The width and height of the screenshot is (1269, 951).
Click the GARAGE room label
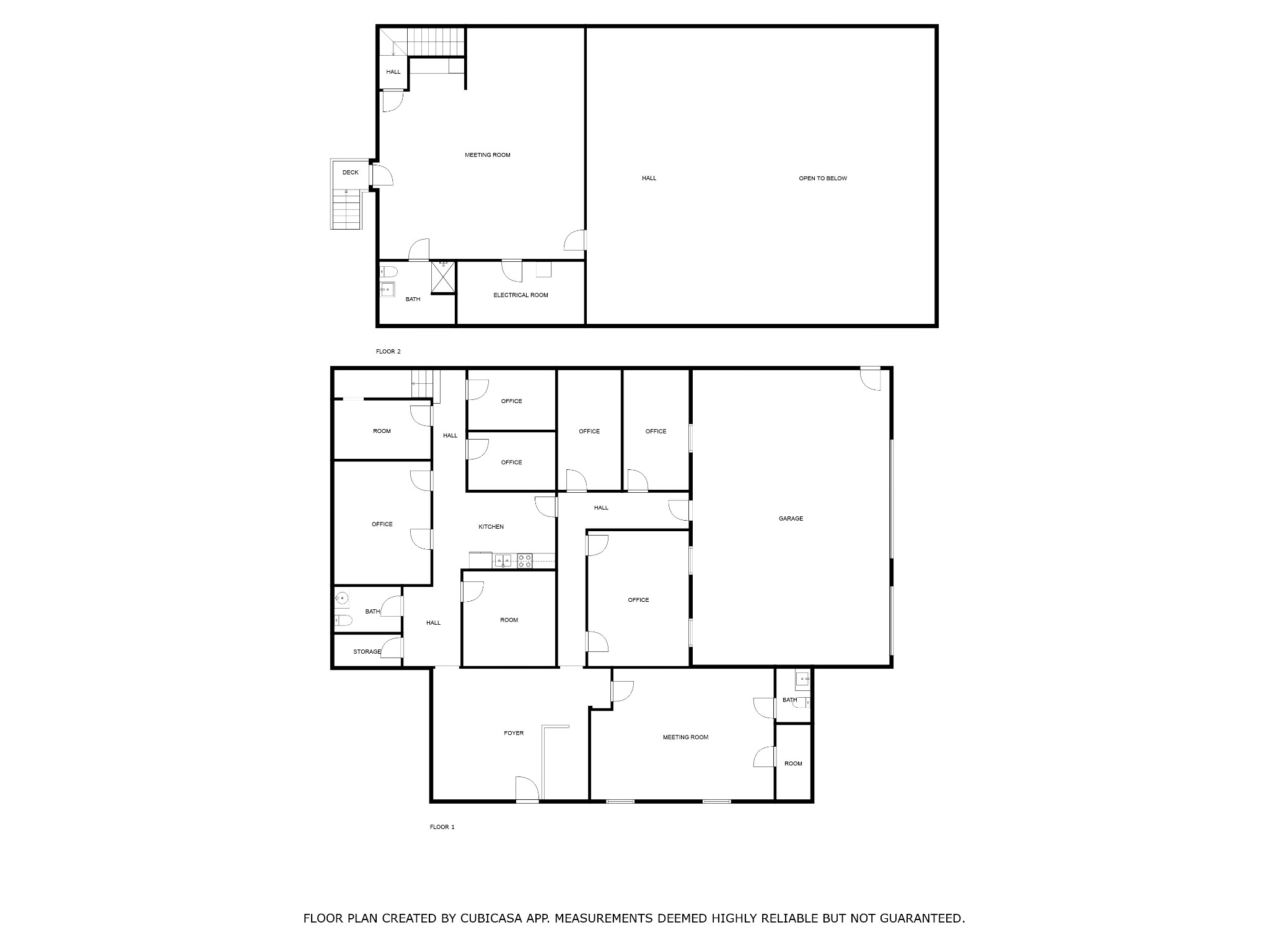(x=791, y=519)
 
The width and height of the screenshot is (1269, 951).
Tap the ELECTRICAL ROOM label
(x=520, y=295)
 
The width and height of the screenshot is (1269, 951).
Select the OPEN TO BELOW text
(x=822, y=178)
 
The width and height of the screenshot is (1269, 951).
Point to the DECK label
(x=350, y=173)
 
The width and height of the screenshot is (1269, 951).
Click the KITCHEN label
(x=491, y=527)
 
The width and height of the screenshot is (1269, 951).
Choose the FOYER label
(x=513, y=733)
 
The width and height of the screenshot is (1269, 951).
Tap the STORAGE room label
(x=367, y=652)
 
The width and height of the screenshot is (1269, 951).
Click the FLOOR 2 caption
(x=388, y=352)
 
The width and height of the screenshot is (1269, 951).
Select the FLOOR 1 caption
(x=442, y=827)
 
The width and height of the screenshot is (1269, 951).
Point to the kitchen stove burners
(x=525, y=561)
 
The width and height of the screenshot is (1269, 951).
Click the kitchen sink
(x=503, y=561)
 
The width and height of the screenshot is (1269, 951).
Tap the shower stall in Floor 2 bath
(x=443, y=276)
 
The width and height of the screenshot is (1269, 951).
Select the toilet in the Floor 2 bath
(x=389, y=271)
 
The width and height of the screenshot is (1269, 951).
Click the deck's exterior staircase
(x=346, y=211)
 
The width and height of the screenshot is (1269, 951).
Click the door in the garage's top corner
(x=871, y=379)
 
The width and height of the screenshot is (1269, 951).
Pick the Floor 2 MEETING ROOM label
(x=487, y=155)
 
